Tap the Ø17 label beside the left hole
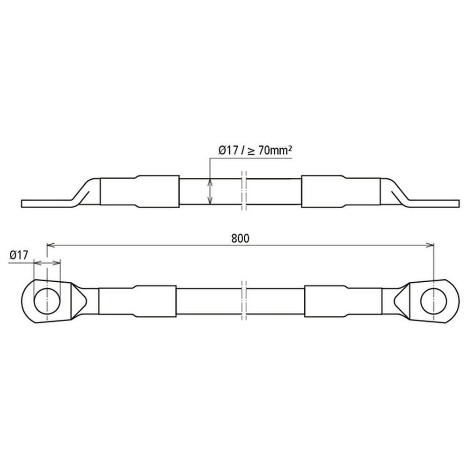coord(19,255)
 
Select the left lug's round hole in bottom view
coord(47,301)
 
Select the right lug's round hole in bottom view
coord(434,301)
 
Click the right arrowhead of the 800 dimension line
coord(430,245)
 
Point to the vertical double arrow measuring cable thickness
coord(210,191)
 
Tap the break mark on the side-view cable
coord(244,191)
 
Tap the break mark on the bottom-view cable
coord(244,300)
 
